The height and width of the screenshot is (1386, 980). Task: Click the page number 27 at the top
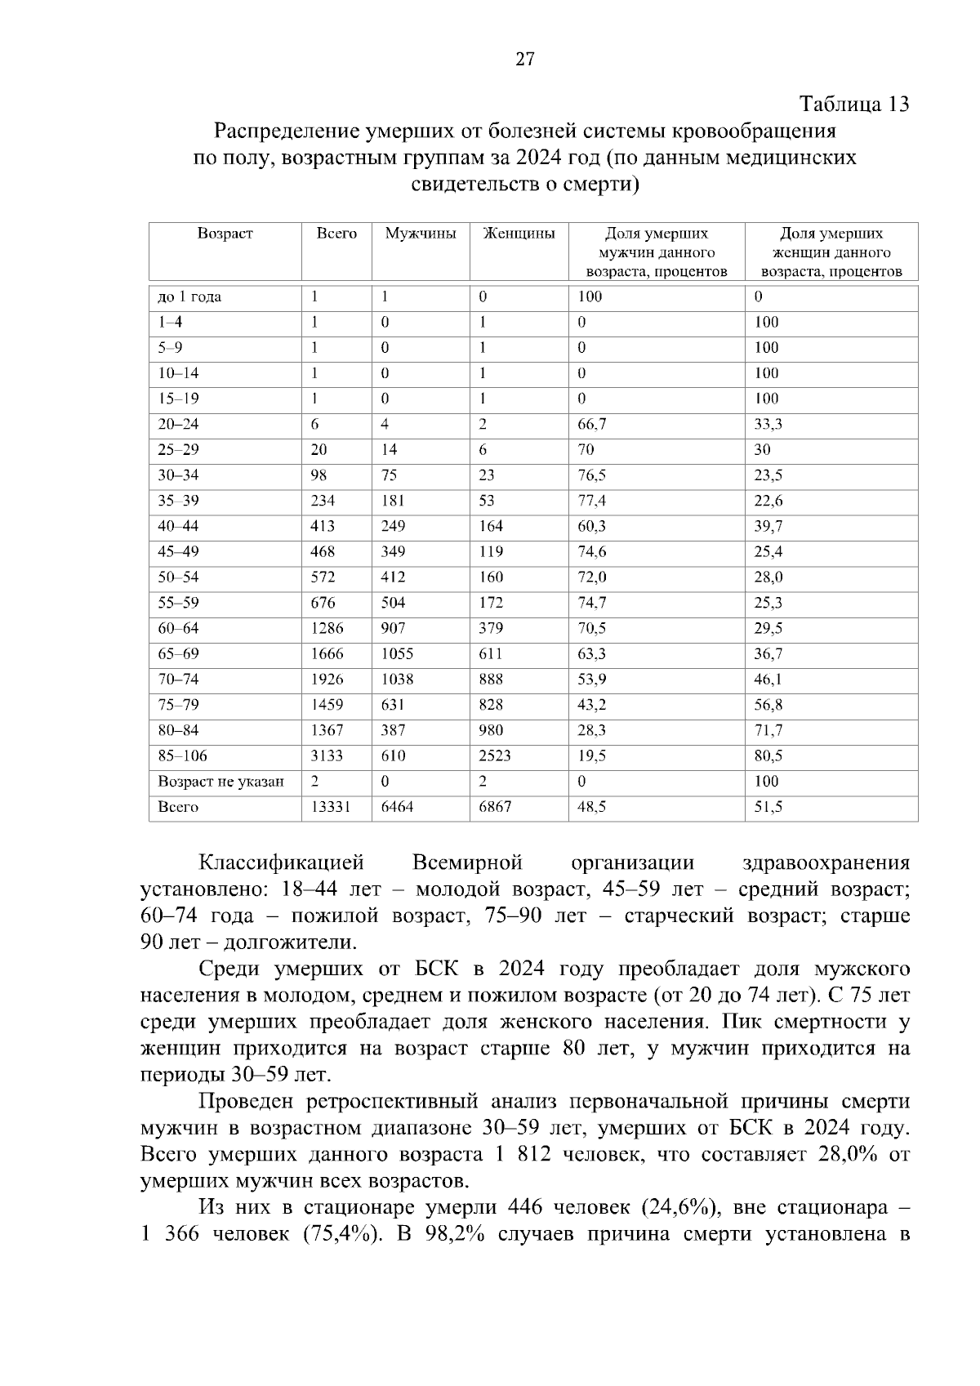coord(524,59)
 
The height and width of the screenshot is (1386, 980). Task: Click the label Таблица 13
coord(854,105)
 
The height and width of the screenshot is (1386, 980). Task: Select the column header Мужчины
coord(420,234)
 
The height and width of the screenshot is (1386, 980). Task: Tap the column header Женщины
coord(519,234)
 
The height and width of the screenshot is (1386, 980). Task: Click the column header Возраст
coord(225,234)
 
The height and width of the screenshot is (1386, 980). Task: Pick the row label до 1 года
coord(189,296)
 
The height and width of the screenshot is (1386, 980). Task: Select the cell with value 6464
coord(398,807)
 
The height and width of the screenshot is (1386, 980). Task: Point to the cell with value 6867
coord(495,807)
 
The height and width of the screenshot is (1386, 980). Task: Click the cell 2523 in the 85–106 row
coord(495,755)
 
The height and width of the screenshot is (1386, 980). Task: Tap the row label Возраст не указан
coord(220,782)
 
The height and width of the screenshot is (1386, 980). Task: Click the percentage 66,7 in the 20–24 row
coord(592,424)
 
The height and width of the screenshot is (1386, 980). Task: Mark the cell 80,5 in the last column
coord(768,755)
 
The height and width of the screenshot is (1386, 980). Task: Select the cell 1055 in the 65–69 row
coord(398,653)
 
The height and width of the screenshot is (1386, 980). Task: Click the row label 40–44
coord(178,526)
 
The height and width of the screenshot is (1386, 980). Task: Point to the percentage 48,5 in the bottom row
coord(592,807)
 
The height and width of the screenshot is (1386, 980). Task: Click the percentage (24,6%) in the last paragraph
coord(679,1208)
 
